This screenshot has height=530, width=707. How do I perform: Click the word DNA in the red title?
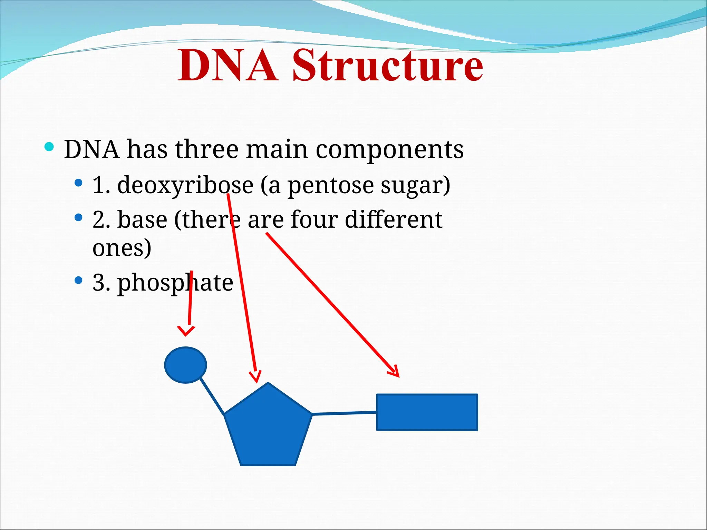point(228,66)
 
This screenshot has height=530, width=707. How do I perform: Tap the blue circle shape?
point(185,365)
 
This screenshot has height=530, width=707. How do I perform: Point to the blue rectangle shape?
point(427,412)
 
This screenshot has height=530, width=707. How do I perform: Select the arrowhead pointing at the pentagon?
point(256,377)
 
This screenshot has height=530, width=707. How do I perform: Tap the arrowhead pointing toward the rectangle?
point(395,372)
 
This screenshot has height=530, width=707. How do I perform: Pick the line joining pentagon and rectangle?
point(344,413)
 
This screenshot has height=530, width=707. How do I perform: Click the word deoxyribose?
point(185,185)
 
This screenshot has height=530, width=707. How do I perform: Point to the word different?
point(393,220)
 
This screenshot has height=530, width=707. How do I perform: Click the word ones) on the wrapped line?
point(122,248)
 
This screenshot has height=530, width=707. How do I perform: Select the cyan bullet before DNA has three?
point(49,147)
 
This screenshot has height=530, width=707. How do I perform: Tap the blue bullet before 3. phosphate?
point(79,280)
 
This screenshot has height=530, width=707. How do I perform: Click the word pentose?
point(330,185)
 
